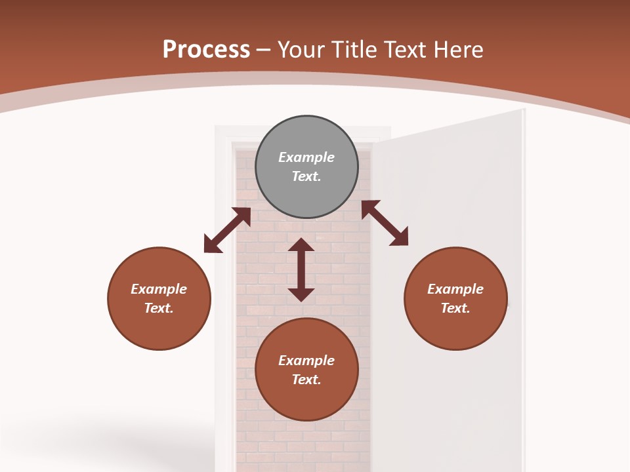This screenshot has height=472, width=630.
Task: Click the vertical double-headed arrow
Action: click(301, 269)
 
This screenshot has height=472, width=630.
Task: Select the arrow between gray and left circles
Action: click(227, 230)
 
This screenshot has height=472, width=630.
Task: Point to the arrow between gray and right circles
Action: click(385, 223)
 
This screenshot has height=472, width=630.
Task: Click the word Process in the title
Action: click(206, 50)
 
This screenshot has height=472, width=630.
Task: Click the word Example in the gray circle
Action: click(306, 157)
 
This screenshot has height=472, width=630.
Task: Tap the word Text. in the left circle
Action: click(159, 308)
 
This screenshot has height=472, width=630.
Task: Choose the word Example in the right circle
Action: click(455, 289)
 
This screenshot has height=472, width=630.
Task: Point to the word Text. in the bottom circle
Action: click(306, 380)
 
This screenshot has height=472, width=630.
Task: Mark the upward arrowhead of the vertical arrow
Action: click(301, 245)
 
